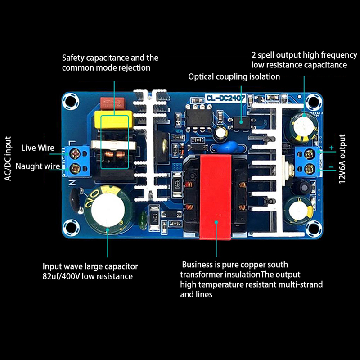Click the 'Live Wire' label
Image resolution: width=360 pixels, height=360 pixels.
[38, 148]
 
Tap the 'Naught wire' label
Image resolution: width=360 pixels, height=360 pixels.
[38, 166]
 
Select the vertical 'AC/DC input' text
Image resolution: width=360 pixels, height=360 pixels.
[8, 157]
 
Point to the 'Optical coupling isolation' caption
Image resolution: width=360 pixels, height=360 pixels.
[234, 76]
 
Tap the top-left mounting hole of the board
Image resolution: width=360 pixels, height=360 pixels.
[71, 101]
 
